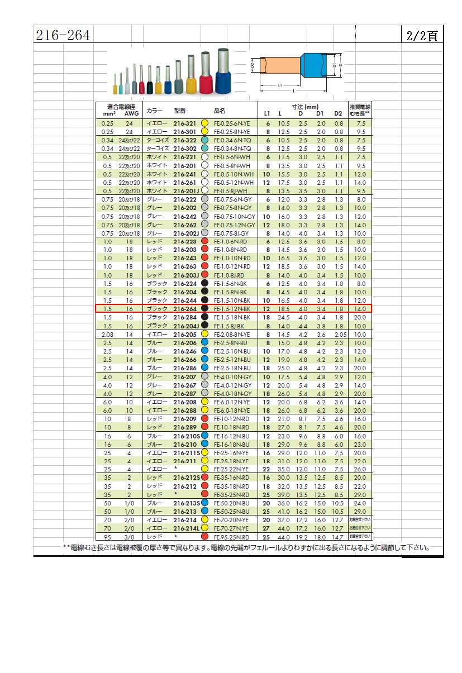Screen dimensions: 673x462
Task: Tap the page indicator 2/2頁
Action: point(422,35)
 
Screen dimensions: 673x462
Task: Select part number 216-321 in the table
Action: point(184,123)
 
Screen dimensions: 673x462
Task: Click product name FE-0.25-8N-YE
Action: point(233,131)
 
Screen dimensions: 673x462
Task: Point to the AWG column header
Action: point(132,113)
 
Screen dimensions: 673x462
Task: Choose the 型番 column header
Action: point(180,111)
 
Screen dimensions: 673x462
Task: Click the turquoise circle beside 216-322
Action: point(204,140)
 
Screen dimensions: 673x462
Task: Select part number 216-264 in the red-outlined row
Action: point(184,308)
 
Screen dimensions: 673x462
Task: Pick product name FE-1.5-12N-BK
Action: point(232,308)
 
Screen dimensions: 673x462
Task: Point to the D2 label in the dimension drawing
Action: point(253,66)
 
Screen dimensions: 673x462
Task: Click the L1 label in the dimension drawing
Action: point(279,85)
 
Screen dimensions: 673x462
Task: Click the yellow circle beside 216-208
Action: point(204,402)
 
